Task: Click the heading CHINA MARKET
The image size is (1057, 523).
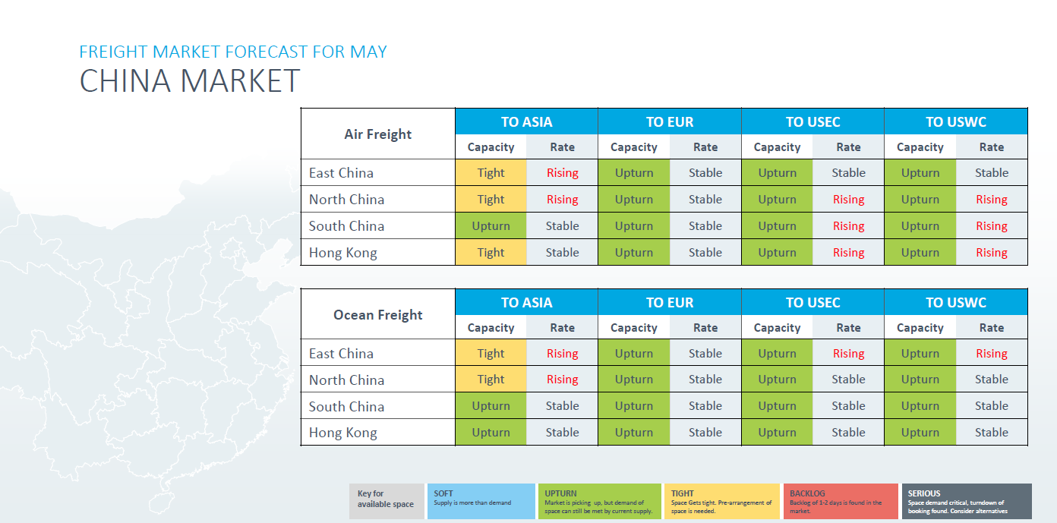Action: click(x=189, y=80)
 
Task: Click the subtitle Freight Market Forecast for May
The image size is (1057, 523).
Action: click(x=233, y=52)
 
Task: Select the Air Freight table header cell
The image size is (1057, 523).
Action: click(x=378, y=134)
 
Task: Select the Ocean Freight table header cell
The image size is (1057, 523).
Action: click(x=378, y=314)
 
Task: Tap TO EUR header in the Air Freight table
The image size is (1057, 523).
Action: click(x=670, y=121)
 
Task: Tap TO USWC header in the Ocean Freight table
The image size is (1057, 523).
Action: click(x=956, y=302)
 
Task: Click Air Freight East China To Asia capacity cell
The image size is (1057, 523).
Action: click(x=491, y=172)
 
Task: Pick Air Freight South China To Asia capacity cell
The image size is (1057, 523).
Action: click(x=491, y=226)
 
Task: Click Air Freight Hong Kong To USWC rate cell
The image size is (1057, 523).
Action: click(x=992, y=252)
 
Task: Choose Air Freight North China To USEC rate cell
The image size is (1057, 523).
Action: click(x=848, y=199)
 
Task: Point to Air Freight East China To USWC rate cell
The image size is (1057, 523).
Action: click(x=992, y=172)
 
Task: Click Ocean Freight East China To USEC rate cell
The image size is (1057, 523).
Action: click(x=848, y=353)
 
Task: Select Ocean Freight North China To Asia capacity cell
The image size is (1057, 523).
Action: click(x=491, y=380)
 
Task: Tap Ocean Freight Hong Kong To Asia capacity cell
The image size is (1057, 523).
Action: click(x=491, y=433)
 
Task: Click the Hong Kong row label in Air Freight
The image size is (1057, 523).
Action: click(x=343, y=253)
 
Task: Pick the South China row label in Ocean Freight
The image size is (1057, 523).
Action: click(x=347, y=407)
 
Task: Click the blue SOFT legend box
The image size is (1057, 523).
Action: click(x=481, y=501)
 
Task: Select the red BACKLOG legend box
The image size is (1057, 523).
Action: click(x=841, y=501)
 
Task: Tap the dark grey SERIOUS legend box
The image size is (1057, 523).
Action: click(x=967, y=501)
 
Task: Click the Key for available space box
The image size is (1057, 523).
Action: click(x=387, y=501)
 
